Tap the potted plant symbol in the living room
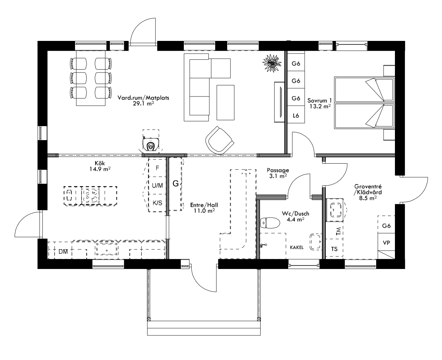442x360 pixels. tap(272, 63)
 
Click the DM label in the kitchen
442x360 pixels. tap(63, 252)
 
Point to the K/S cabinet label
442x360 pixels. tap(157, 203)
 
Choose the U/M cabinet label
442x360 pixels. tap(157, 185)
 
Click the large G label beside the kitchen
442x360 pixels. tap(176, 184)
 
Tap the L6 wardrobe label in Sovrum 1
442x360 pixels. tap(296, 116)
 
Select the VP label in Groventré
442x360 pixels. tap(386, 243)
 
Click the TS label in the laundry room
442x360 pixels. tap(334, 249)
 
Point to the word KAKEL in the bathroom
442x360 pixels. tap(297, 247)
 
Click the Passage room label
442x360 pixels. tap(278, 170)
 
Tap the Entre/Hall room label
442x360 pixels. tap(204, 205)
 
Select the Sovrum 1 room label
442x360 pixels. tap(320, 101)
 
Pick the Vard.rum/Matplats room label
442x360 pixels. tap(143, 97)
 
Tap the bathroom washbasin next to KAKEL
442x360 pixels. tap(315, 242)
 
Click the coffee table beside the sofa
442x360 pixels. tap(225, 102)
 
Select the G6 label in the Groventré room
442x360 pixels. tap(386, 226)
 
